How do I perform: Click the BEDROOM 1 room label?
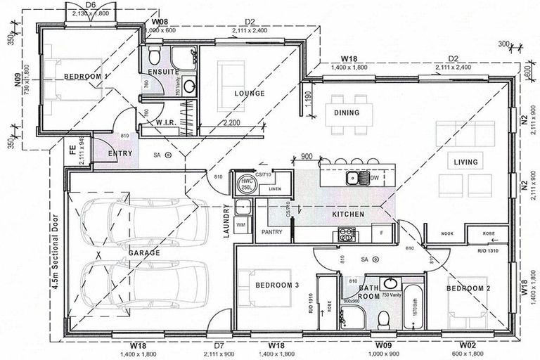pyautogui.click(x=87, y=76)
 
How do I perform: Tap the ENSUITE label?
pyautogui.click(x=163, y=72)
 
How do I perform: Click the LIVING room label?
pyautogui.click(x=465, y=162)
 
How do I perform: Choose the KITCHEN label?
pyautogui.click(x=348, y=214)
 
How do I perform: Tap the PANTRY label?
pyautogui.click(x=271, y=231)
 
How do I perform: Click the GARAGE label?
pyautogui.click(x=143, y=252)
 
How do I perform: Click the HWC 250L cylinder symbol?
pyautogui.click(x=247, y=184)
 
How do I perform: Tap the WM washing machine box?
pyautogui.click(x=240, y=225)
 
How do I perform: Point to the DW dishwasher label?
pyautogui.click(x=375, y=179)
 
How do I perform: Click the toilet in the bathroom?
pyautogui.click(x=384, y=320)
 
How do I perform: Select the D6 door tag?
pyautogui.click(x=90, y=4)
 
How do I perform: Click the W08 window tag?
pyautogui.click(x=162, y=21)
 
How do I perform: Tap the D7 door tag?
pyautogui.click(x=219, y=346)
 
